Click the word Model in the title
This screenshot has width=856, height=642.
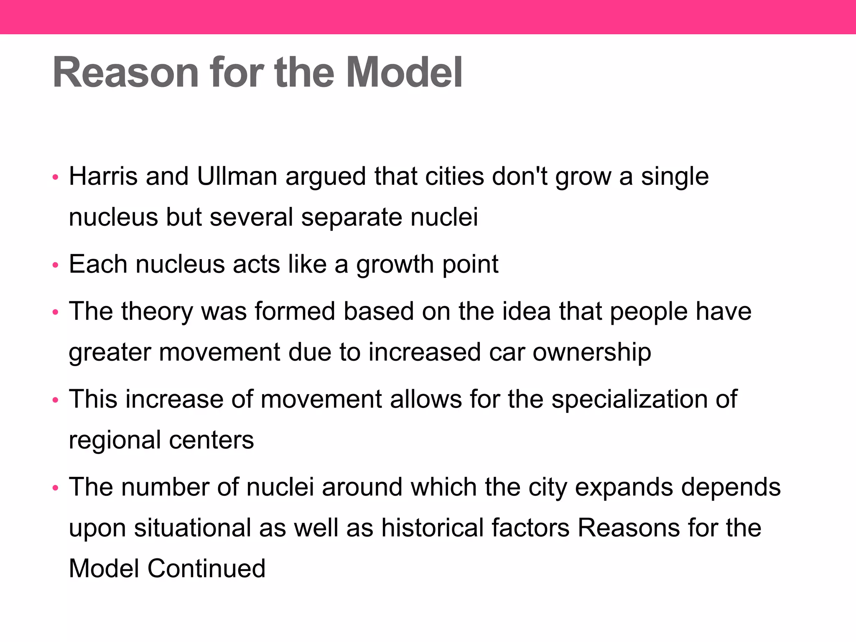(x=404, y=73)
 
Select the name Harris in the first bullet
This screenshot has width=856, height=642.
(x=103, y=176)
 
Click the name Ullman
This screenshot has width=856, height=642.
(x=237, y=176)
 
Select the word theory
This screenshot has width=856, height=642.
(x=157, y=311)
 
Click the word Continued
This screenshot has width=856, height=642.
(x=206, y=568)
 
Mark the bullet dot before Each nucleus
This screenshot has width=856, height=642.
(x=55, y=265)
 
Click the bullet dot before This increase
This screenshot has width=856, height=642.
(x=55, y=400)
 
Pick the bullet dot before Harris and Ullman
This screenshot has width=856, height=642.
(x=55, y=177)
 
